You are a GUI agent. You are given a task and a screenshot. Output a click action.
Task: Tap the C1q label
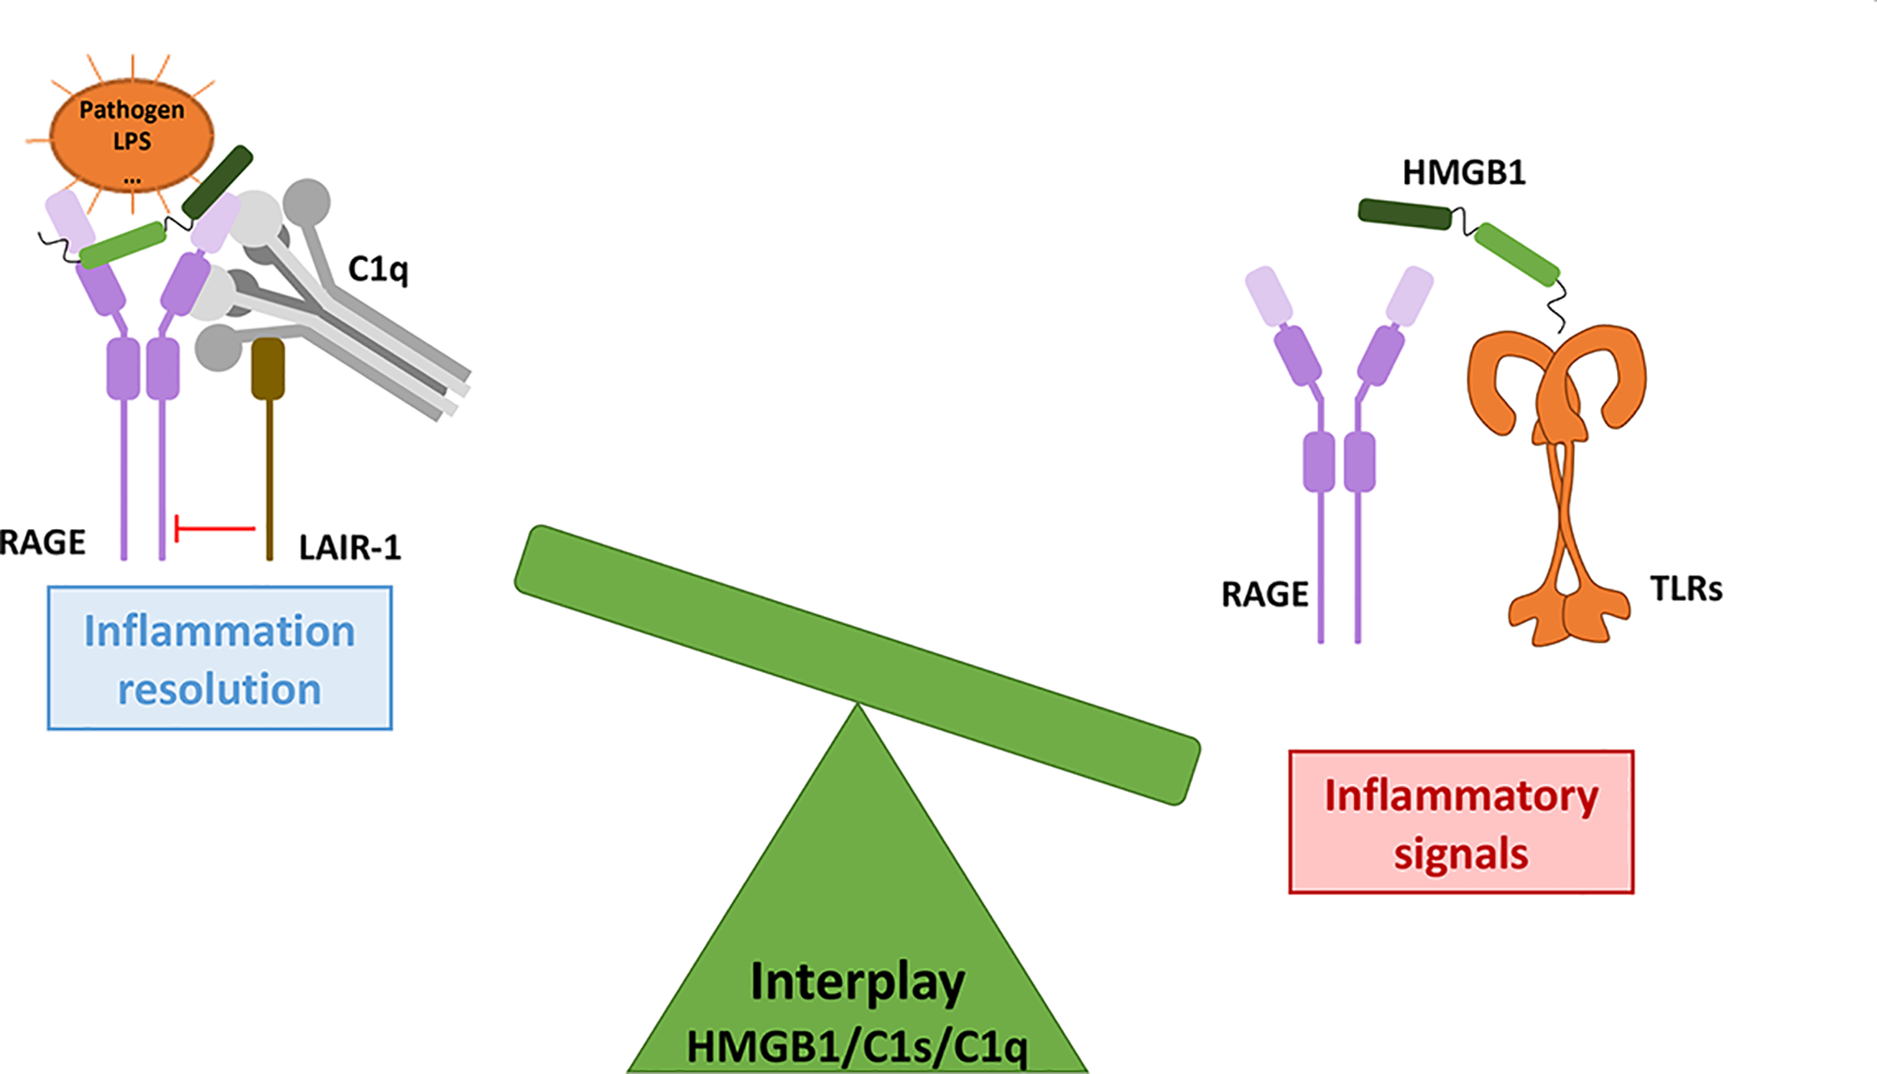pos(378,269)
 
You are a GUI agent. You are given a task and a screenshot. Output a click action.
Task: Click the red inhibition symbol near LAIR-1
pos(214,528)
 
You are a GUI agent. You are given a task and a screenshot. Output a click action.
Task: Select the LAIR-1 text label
pos(350,547)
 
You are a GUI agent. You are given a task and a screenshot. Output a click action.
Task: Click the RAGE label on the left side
pos(42,542)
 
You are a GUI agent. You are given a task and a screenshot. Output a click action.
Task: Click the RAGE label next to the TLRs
pos(1264,594)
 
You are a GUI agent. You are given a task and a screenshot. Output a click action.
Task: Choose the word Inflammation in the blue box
pos(220,631)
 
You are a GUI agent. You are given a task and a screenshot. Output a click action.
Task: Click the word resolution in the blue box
pos(220,690)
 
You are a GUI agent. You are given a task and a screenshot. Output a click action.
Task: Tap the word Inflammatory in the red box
pos(1461,795)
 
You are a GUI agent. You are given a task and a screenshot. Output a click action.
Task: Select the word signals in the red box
pos(1461,854)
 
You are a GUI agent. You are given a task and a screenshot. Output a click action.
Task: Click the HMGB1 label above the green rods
pos(1464,173)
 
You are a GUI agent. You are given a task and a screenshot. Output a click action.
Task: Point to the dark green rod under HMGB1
pos(1404,214)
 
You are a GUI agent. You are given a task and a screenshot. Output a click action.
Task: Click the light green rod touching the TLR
pos(1516,253)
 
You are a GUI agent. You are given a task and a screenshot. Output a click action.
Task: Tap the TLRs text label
pos(1685,589)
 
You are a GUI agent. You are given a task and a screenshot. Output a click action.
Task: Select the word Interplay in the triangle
pos(857,982)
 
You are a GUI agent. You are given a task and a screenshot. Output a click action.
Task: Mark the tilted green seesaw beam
pos(857,665)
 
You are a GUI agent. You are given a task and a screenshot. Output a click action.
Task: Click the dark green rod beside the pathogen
pos(217,182)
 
